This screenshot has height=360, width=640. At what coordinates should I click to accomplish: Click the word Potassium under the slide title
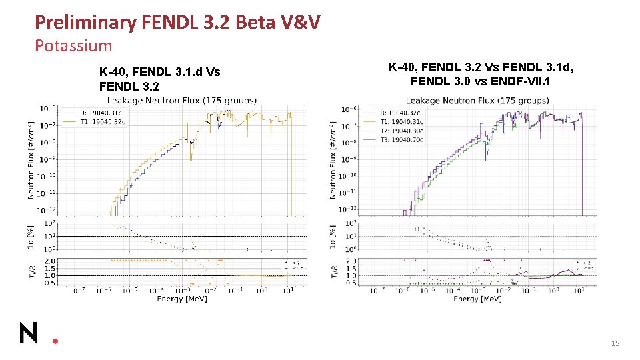(73, 46)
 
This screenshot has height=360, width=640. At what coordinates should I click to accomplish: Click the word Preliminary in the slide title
(85, 23)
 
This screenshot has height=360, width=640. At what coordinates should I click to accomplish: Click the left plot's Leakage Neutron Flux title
(182, 101)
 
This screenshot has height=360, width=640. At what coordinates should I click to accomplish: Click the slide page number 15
(615, 343)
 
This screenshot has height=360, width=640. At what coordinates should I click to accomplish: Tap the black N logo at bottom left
(29, 332)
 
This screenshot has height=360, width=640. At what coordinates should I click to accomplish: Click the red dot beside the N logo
(55, 340)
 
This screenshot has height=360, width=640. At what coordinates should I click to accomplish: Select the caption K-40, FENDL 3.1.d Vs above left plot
(159, 72)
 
